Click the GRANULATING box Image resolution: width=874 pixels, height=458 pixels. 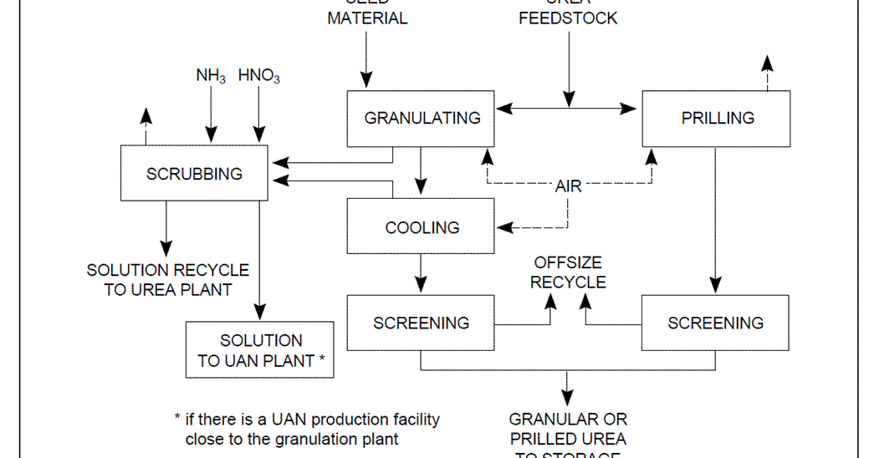click(422, 118)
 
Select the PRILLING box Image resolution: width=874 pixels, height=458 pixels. click(717, 118)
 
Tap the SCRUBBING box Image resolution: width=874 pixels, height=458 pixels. click(194, 174)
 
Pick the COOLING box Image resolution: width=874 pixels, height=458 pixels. click(422, 227)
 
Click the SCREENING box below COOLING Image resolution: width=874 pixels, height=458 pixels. click(422, 323)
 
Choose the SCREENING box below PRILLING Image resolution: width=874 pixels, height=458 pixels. click(715, 323)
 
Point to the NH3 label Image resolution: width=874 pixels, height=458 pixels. click(211, 76)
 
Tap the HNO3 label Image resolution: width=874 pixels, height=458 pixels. click(259, 76)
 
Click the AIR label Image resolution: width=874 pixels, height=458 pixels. click(568, 186)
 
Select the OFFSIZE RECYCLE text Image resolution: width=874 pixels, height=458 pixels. click(568, 273)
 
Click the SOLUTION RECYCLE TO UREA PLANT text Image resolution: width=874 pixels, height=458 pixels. click(167, 279)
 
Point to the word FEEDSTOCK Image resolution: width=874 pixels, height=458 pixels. click(568, 18)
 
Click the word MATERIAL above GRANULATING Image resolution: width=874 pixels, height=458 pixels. click(367, 18)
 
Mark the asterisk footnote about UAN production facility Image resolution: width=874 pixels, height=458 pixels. click(306, 428)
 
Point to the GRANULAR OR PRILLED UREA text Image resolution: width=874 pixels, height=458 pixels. click(568, 429)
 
